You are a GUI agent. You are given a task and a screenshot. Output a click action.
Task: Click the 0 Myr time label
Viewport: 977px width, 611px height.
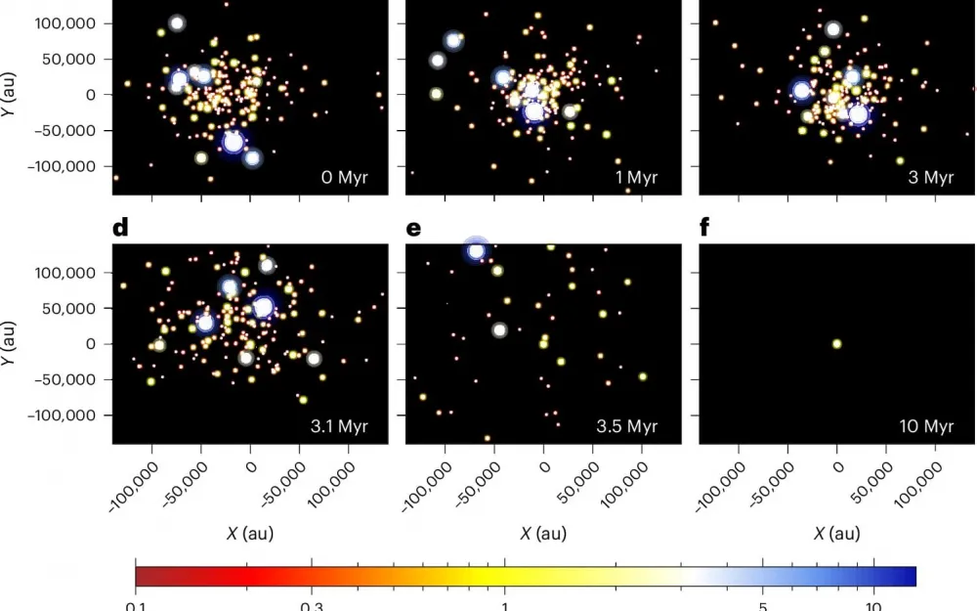tap(344, 177)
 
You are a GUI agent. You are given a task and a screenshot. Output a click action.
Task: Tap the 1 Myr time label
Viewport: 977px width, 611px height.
tap(638, 177)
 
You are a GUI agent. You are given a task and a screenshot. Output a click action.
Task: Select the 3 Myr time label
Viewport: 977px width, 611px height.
tap(930, 177)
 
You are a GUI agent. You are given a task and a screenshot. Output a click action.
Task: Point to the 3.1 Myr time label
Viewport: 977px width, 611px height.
tap(339, 426)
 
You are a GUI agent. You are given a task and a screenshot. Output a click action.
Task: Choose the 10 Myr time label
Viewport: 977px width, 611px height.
tap(926, 426)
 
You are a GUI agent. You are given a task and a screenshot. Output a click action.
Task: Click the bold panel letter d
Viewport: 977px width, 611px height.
tap(120, 229)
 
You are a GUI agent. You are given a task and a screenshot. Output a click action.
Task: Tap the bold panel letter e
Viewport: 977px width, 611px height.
tap(413, 229)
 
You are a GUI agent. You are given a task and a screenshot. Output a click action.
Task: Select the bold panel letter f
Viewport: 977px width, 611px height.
tap(705, 229)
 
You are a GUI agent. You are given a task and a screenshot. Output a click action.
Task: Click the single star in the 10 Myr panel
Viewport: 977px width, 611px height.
tap(836, 343)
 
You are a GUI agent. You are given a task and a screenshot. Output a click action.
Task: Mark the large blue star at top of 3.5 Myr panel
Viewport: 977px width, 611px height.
tap(476, 251)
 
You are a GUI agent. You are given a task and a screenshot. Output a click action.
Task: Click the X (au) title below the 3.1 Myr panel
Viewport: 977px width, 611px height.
tap(249, 533)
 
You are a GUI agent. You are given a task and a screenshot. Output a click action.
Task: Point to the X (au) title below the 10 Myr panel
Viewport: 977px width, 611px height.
tap(836, 533)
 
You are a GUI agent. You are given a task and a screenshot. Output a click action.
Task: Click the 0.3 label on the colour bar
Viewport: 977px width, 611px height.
tap(312, 604)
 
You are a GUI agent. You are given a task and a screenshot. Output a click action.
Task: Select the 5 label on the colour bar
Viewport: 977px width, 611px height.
tap(764, 604)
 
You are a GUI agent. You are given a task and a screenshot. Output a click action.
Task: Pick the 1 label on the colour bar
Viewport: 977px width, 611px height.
tap(504, 604)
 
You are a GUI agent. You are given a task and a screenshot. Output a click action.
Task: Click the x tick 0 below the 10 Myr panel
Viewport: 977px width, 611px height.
tap(836, 467)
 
